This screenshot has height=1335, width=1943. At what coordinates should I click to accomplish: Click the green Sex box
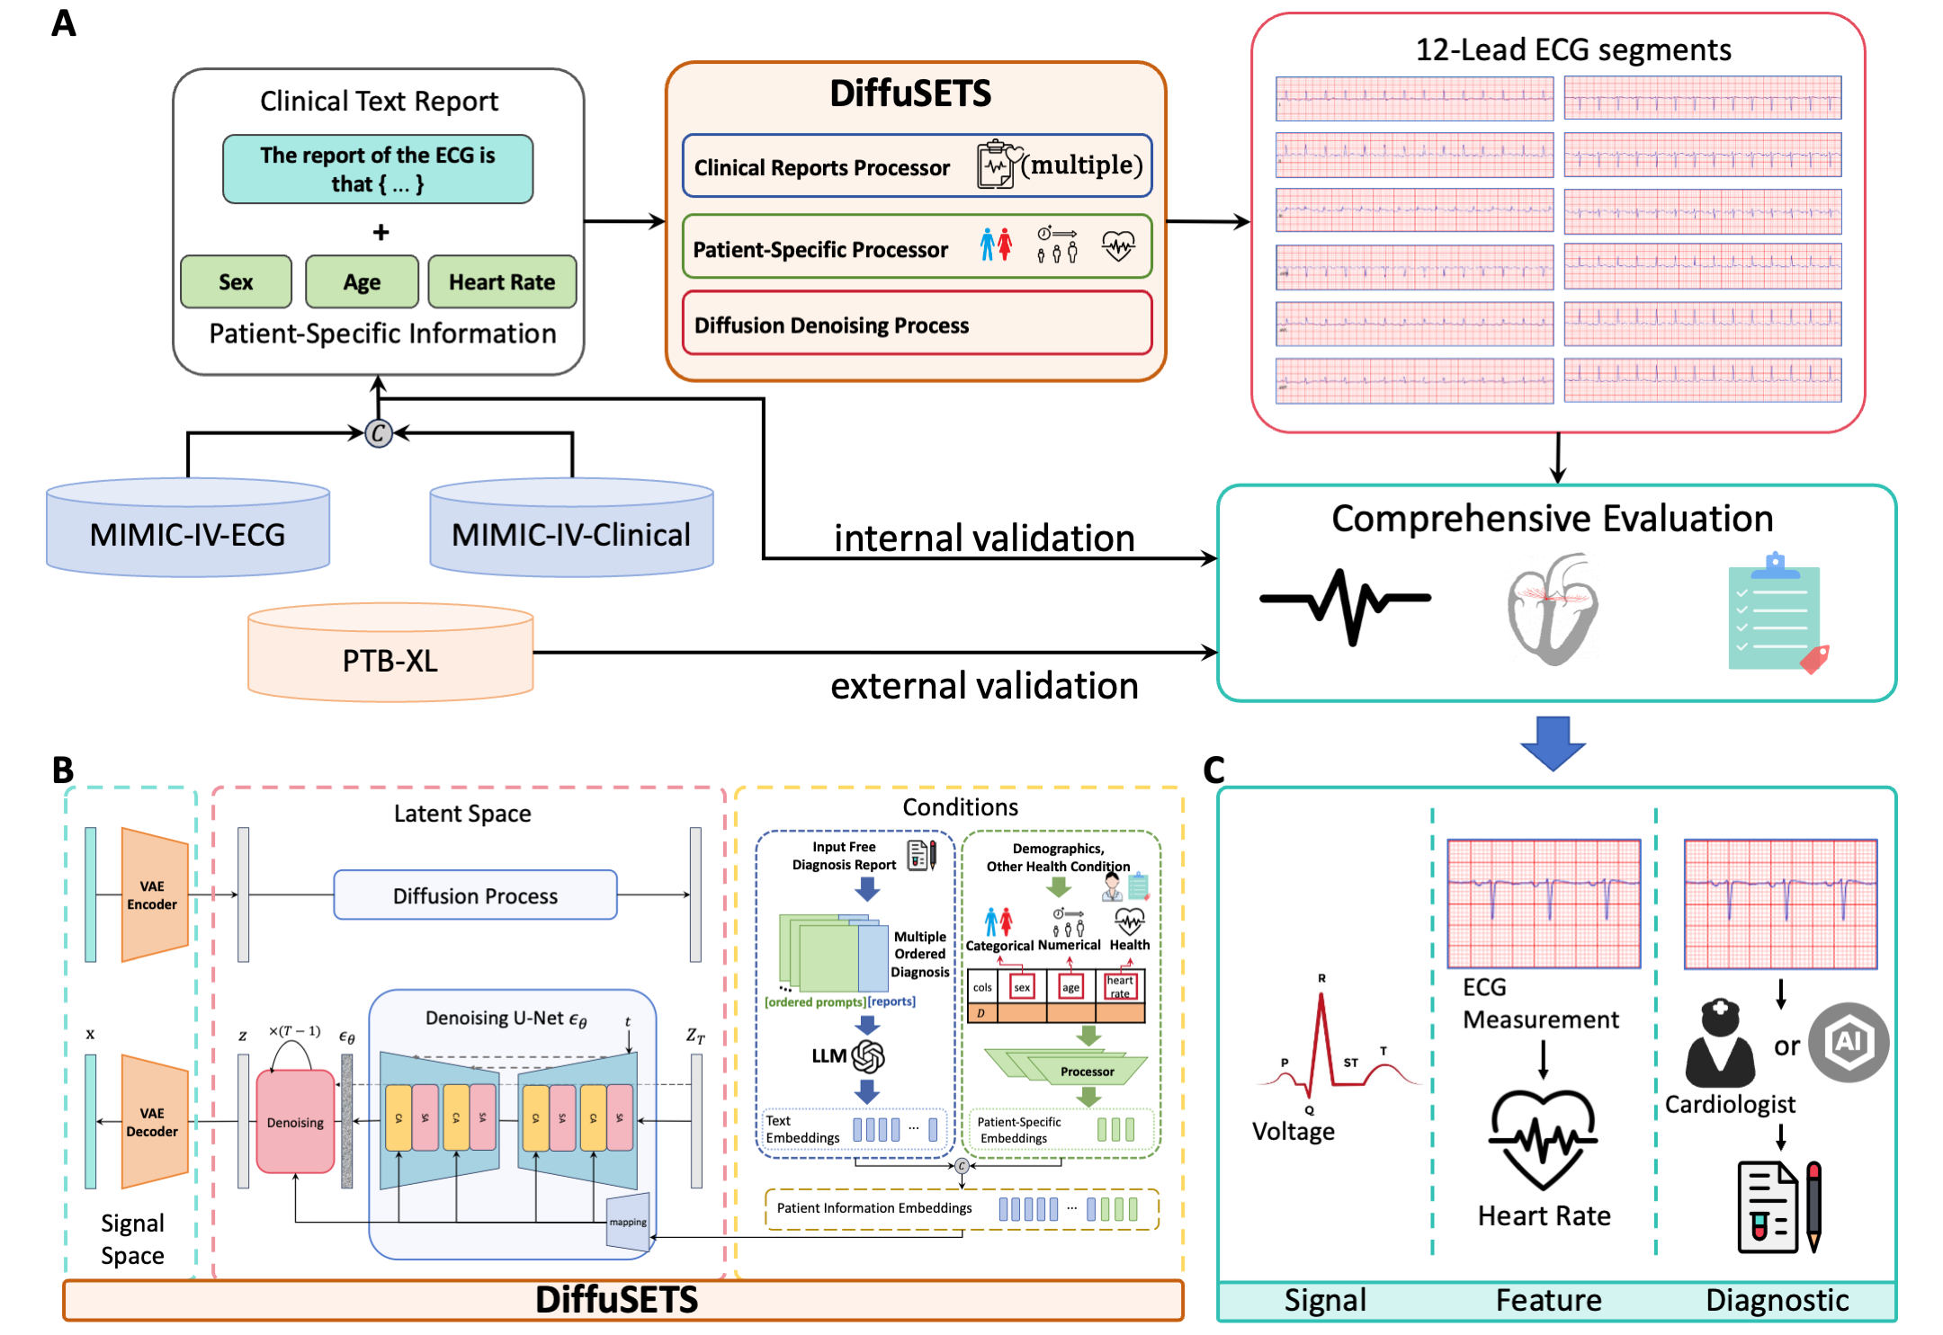pos(236,282)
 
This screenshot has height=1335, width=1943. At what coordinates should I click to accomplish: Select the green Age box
pos(362,282)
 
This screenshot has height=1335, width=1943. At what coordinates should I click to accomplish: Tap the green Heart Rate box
pos(502,282)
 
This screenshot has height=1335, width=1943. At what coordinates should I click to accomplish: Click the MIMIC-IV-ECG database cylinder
pos(188,530)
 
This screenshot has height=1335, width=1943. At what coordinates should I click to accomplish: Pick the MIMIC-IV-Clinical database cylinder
pos(571,530)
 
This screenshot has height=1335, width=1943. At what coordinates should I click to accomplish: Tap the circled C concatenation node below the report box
pos(379,433)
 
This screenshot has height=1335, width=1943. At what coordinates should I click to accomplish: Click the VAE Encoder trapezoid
pos(154,895)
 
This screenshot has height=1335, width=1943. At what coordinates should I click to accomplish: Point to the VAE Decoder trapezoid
pos(154,1122)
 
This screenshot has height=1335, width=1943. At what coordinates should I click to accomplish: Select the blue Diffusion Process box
pos(475,895)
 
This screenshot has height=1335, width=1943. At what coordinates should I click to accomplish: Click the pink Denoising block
pos(295,1122)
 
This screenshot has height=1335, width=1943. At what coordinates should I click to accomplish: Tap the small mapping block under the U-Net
pos(628,1222)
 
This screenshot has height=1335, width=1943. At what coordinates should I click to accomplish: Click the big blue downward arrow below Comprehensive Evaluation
pos(1553,743)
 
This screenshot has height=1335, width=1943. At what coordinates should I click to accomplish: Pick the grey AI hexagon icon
pos(1848,1042)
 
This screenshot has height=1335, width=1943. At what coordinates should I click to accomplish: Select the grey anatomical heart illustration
pos(1553,609)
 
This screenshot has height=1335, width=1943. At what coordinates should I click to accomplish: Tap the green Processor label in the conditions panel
pos(1087,1072)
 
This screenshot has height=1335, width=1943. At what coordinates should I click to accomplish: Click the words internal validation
pos(984,538)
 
